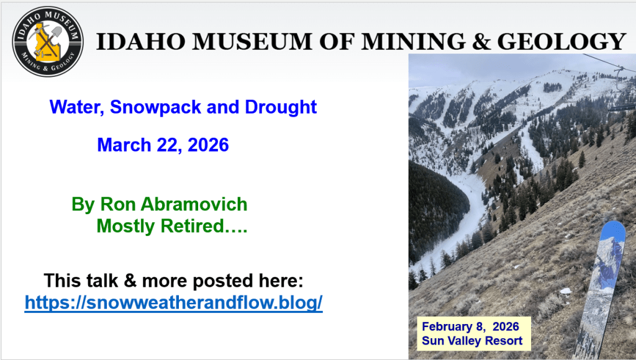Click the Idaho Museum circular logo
pyautogui.click(x=48, y=42)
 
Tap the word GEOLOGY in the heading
pyautogui.click(x=561, y=42)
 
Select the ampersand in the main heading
pyautogui.click(x=482, y=42)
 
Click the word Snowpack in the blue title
pyautogui.click(x=155, y=107)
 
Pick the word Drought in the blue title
pyautogui.click(x=281, y=107)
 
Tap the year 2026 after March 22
pyautogui.click(x=208, y=145)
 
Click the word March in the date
pyautogui.click(x=124, y=145)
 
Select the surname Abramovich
pyautogui.click(x=194, y=204)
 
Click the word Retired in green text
pyautogui.click(x=192, y=226)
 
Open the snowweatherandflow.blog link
pyautogui.click(x=174, y=302)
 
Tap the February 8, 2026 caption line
pyautogui.click(x=471, y=326)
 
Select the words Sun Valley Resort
pyautogui.click(x=472, y=341)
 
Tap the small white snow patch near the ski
pyautogui.click(x=565, y=290)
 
